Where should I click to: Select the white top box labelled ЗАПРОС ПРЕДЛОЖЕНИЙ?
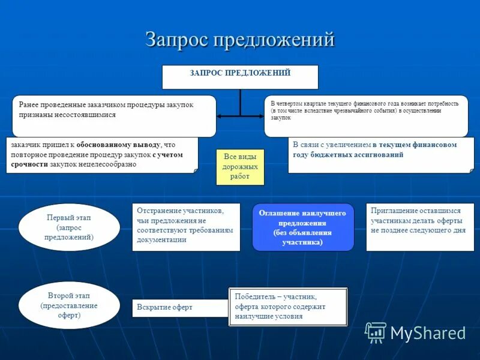240,77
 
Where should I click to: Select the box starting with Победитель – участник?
288,307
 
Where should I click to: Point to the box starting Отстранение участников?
186,226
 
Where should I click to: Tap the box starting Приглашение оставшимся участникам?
419,226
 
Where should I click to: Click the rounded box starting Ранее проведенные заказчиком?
114,116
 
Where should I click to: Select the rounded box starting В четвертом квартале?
366,116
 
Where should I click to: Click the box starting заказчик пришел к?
102,155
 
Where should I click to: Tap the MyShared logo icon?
376,332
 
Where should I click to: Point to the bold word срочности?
28,164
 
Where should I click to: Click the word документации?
161,239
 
